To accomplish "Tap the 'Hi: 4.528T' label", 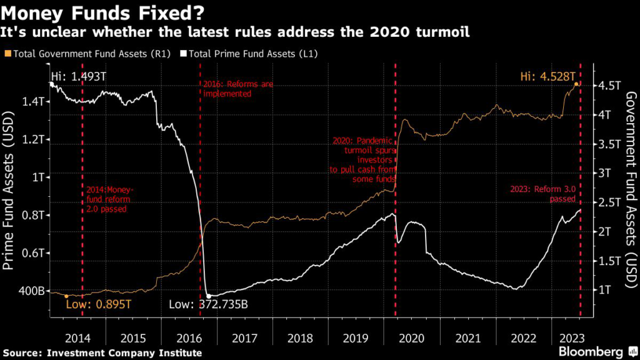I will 547,76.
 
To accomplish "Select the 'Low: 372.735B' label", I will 208,305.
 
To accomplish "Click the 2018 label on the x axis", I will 301,338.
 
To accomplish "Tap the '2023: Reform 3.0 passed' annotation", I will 543,194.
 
